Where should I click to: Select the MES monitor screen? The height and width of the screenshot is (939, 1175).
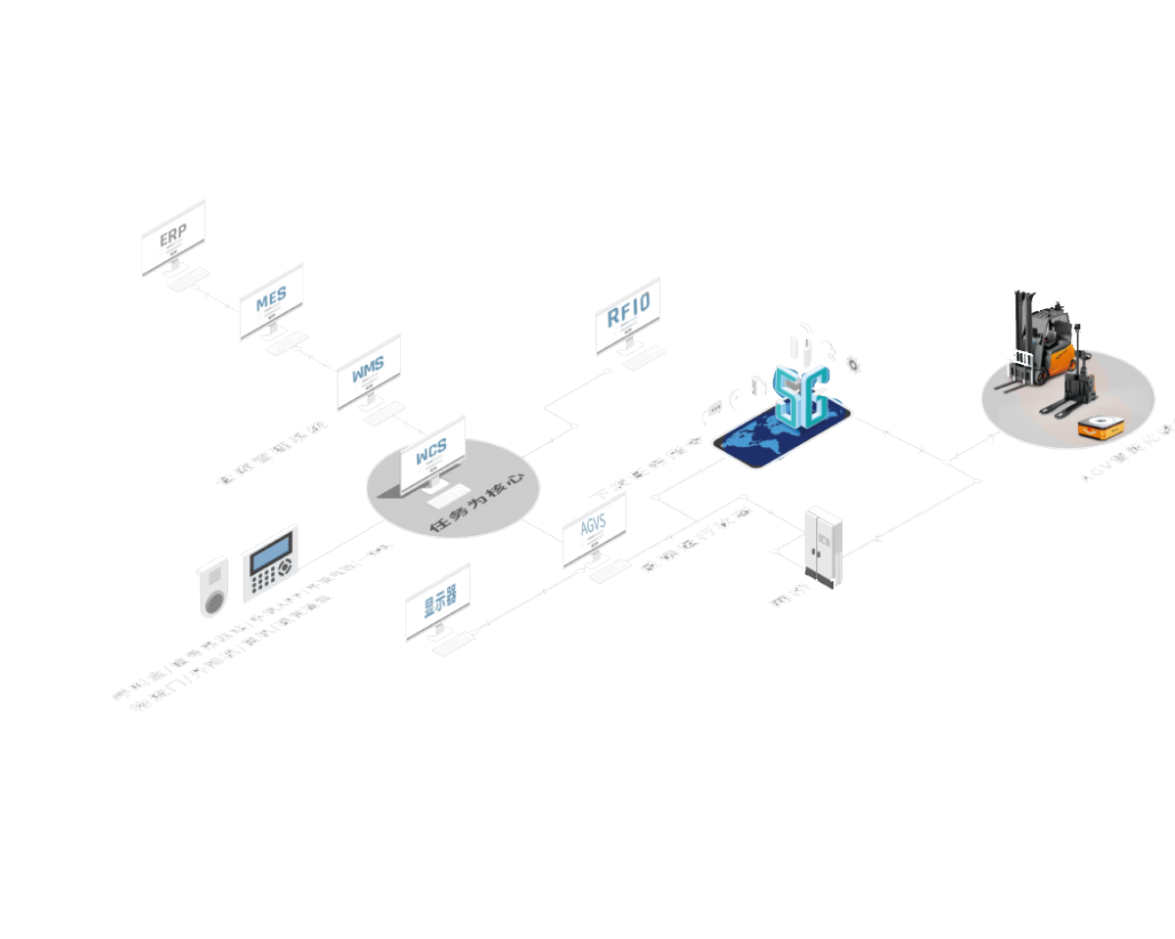271,298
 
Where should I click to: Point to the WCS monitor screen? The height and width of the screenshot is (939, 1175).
432,453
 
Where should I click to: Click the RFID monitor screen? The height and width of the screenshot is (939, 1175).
627,315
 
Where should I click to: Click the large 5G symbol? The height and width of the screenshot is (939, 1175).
801,395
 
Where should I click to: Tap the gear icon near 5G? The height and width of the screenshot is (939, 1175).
853,366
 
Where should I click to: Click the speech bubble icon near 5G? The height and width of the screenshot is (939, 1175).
711,411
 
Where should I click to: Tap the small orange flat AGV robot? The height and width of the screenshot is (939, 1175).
1100,427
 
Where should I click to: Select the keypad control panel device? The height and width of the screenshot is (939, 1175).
270,563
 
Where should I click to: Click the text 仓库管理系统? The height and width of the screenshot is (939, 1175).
271,452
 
